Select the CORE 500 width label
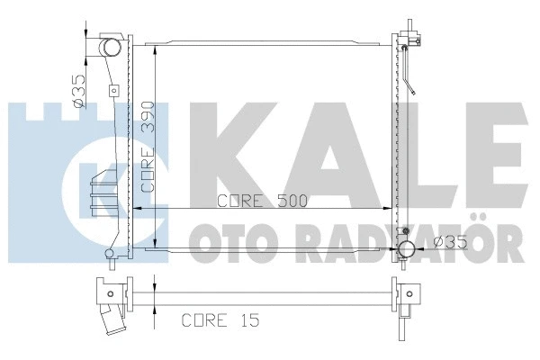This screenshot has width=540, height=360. pos(264,201)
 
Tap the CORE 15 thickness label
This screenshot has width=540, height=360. pos(213,319)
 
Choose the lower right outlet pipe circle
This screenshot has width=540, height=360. pos(406,249)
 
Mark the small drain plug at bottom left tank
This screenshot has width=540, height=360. pos(110,255)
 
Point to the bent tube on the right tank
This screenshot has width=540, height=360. pos(410,76)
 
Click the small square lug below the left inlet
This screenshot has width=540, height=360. pos(113,90)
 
